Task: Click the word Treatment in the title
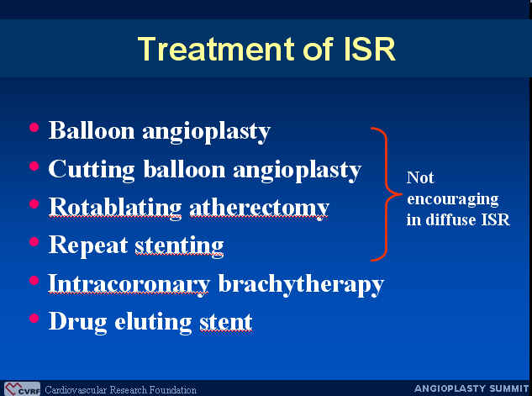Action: pyautogui.click(x=217, y=49)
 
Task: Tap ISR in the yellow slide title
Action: pyautogui.click(x=370, y=49)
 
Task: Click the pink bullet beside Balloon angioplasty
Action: pyautogui.click(x=34, y=128)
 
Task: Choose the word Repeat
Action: pyautogui.click(x=88, y=246)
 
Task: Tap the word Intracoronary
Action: pyautogui.click(x=129, y=284)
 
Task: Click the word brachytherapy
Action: pyautogui.click(x=301, y=284)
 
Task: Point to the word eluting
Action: pyautogui.click(x=153, y=322)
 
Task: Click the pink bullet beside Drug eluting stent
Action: pyautogui.click(x=34, y=319)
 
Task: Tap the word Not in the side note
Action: pyautogui.click(x=420, y=177)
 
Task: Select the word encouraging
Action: pyautogui.click(x=453, y=199)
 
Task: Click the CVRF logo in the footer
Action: pyautogui.click(x=22, y=389)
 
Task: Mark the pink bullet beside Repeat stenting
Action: pyautogui.click(x=34, y=242)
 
